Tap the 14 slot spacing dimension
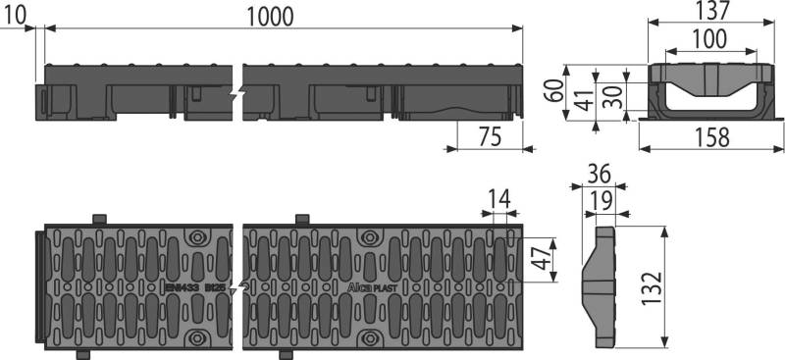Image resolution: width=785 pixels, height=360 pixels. (500, 200)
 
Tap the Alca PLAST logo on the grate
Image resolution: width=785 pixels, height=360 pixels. (372, 288)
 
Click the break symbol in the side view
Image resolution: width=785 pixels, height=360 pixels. (234, 95)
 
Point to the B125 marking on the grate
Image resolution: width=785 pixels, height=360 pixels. (216, 288)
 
